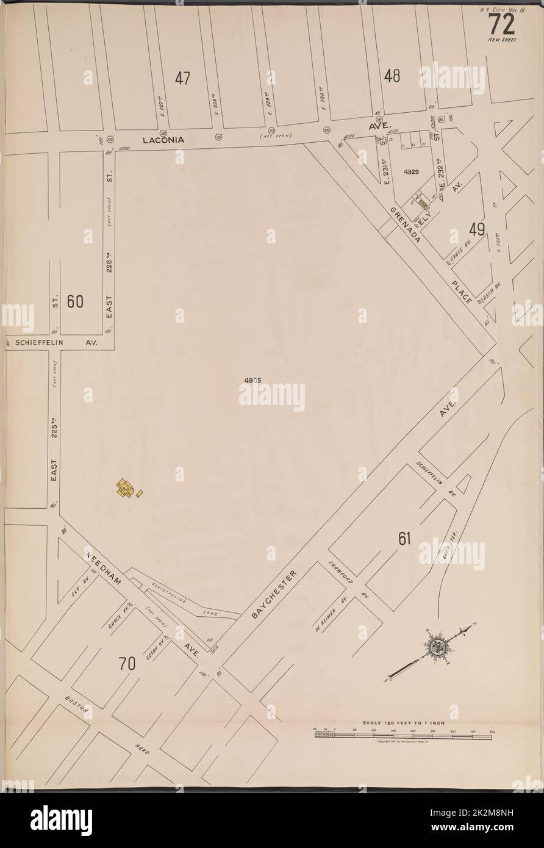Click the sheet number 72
tap(501, 24)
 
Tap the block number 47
tap(182, 78)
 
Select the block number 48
tap(392, 76)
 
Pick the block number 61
tap(404, 537)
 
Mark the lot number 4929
tap(411, 173)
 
